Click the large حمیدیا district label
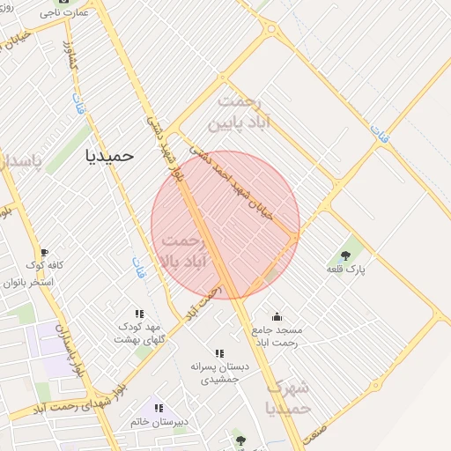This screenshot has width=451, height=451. [109, 155]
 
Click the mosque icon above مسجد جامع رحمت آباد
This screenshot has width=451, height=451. [277, 316]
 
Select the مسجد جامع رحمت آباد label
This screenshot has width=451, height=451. [277, 335]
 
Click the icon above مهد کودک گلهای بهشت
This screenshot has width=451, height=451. [139, 313]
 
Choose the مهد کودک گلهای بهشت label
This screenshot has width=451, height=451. [143, 333]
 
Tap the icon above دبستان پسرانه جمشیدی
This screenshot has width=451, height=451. [219, 353]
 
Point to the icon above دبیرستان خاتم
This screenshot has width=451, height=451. [159, 408]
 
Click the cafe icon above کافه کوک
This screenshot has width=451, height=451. [44, 253]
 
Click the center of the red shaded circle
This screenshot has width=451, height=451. [225, 225]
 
